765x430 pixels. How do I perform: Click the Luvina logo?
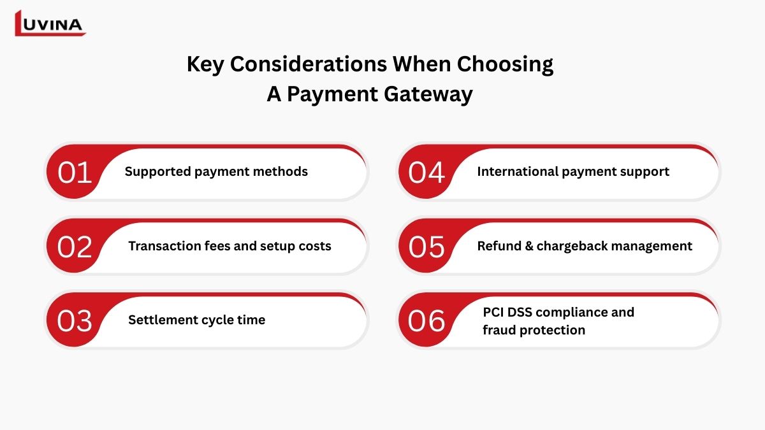(x=50, y=23)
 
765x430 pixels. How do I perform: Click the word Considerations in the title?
(x=309, y=64)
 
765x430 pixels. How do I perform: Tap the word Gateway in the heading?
(x=428, y=94)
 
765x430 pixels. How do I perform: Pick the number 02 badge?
(x=75, y=247)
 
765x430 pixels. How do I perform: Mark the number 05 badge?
(x=426, y=247)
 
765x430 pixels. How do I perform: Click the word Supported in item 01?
(x=158, y=171)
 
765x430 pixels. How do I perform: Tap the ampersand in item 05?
(x=529, y=246)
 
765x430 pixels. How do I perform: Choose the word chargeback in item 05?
(x=570, y=246)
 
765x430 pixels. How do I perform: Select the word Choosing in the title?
(x=505, y=64)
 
